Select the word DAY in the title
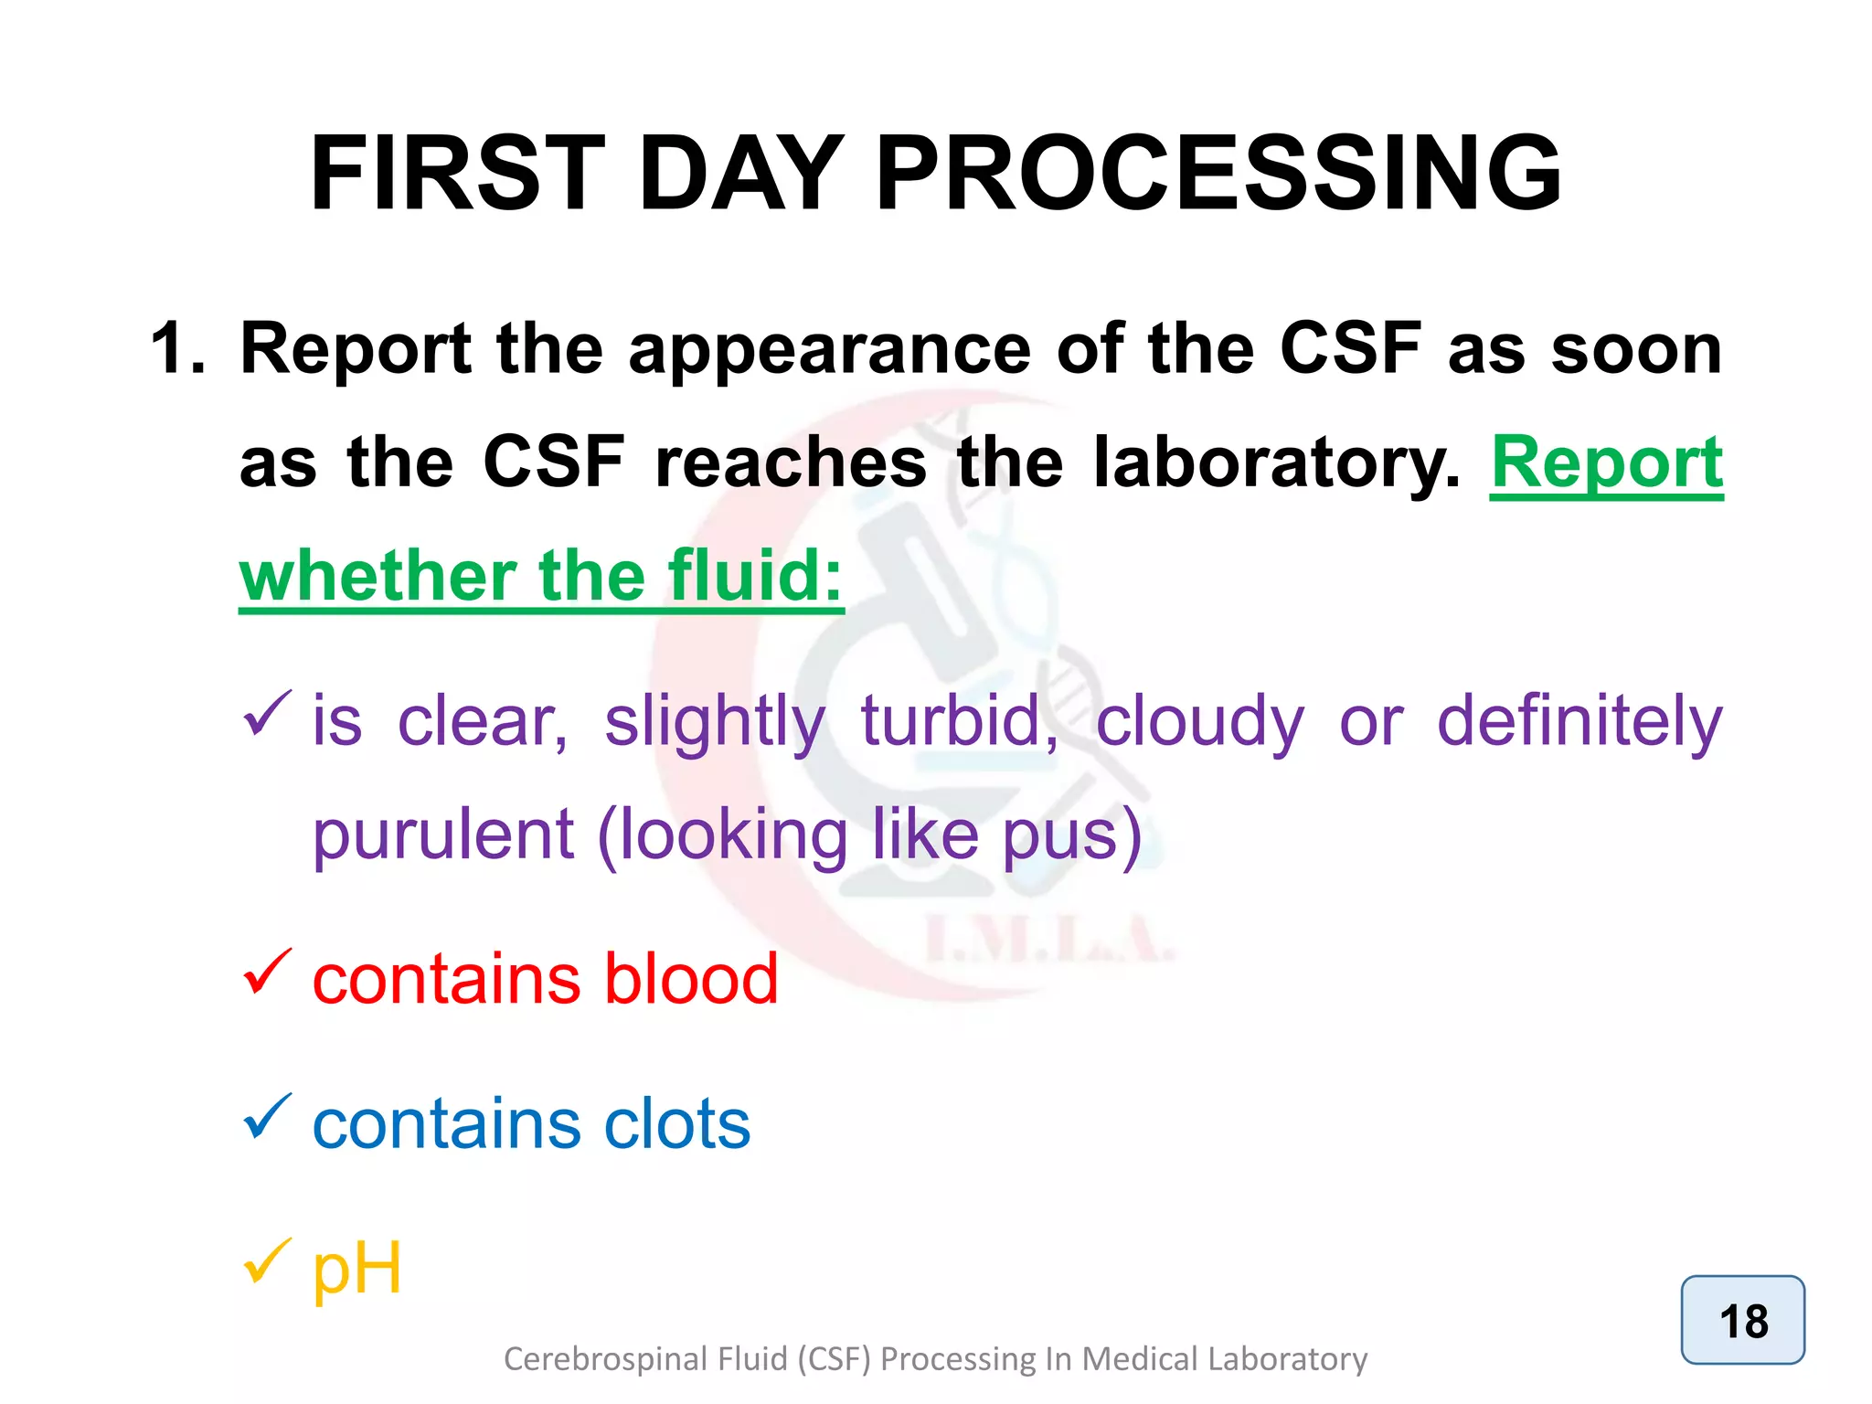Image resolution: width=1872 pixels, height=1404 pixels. click(x=740, y=174)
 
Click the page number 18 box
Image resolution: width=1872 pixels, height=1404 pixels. click(x=1742, y=1321)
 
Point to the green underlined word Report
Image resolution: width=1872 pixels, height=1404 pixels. click(x=1606, y=463)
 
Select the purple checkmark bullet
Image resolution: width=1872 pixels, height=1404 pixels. click(x=267, y=714)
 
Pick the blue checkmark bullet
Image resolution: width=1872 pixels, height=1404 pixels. click(x=267, y=1117)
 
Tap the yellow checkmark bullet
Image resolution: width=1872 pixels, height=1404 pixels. click(x=267, y=1261)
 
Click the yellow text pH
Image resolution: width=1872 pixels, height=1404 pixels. click(x=356, y=1269)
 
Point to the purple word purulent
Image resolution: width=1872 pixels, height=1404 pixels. click(x=442, y=835)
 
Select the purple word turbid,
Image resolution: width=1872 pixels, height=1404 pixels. click(x=960, y=721)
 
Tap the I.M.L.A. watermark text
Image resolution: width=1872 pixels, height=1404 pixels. click(x=1048, y=941)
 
